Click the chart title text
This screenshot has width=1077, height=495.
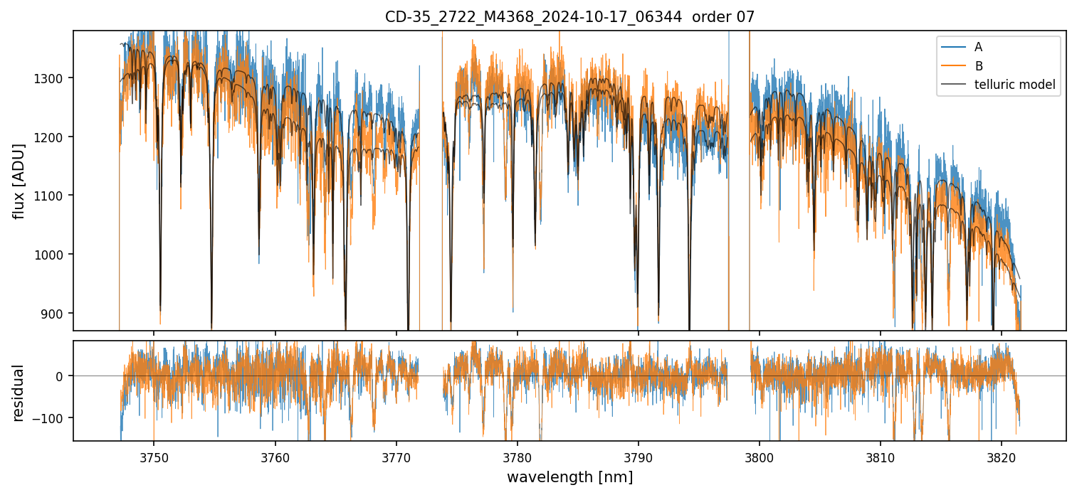pos(569,16)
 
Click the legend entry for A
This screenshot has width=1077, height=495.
pos(979,47)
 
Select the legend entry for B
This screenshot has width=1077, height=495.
pos(979,66)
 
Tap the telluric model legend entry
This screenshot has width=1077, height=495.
pos(1014,85)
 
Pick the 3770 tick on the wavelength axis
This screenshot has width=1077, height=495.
pos(396,457)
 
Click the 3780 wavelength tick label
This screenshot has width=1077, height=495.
pos(517,457)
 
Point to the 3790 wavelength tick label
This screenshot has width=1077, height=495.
pos(638,457)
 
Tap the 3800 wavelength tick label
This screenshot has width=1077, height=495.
pos(759,457)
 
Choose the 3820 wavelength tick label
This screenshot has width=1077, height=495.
pos(1002,457)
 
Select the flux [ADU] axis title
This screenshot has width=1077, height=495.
pos(19,181)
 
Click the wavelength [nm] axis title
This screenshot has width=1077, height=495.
pos(569,477)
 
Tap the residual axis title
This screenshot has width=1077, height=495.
pos(19,393)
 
